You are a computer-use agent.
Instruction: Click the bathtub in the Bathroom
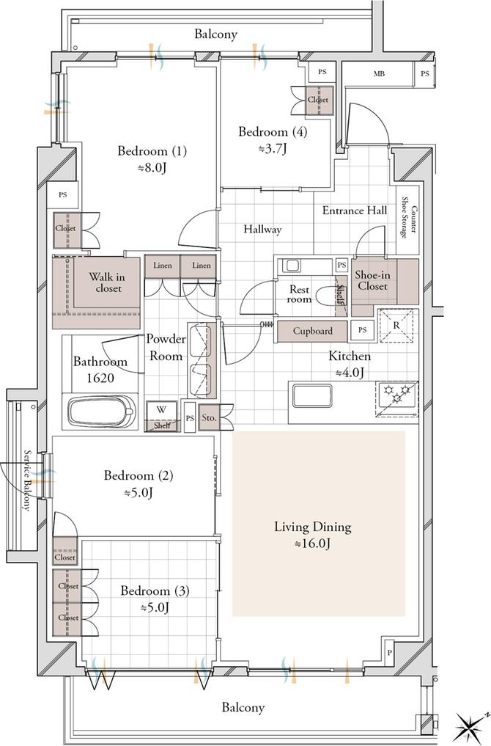pyautogui.click(x=101, y=411)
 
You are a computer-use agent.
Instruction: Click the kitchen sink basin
pyautogui.click(x=311, y=395)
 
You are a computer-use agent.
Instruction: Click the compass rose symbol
pyautogui.click(x=470, y=726)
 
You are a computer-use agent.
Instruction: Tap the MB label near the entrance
pyautogui.click(x=379, y=74)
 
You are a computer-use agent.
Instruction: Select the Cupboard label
pyautogui.click(x=312, y=331)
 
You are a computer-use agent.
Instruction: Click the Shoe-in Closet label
pyautogui.click(x=372, y=281)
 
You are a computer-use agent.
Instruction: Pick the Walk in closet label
pyautogui.click(x=108, y=282)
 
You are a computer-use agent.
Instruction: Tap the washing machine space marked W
pyautogui.click(x=162, y=417)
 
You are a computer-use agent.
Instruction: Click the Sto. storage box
pyautogui.click(x=208, y=417)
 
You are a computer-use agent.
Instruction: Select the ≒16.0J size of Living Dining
pyautogui.click(x=312, y=544)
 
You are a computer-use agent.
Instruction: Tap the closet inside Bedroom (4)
pyautogui.click(x=318, y=100)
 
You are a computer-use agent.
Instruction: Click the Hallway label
pyautogui.click(x=262, y=230)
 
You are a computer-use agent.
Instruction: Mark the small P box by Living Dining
pyautogui.click(x=389, y=653)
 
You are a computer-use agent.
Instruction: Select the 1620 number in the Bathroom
pyautogui.click(x=100, y=379)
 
